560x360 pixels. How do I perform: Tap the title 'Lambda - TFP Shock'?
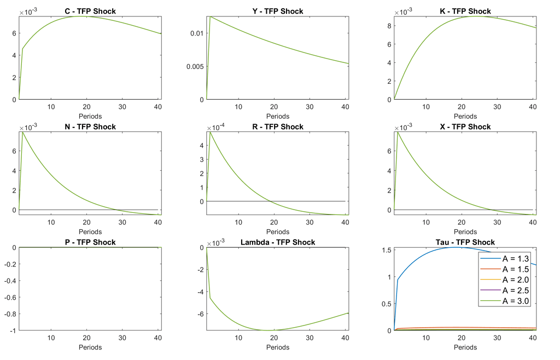click(277, 242)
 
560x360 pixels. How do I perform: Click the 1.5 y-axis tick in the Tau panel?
click(387, 250)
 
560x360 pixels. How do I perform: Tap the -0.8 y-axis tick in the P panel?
click(9, 314)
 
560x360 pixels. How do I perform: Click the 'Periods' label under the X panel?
click(465, 231)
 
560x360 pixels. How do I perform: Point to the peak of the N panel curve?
click(22, 132)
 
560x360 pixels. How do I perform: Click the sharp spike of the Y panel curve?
click(210, 16)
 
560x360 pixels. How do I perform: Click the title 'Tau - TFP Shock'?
click(465, 242)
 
